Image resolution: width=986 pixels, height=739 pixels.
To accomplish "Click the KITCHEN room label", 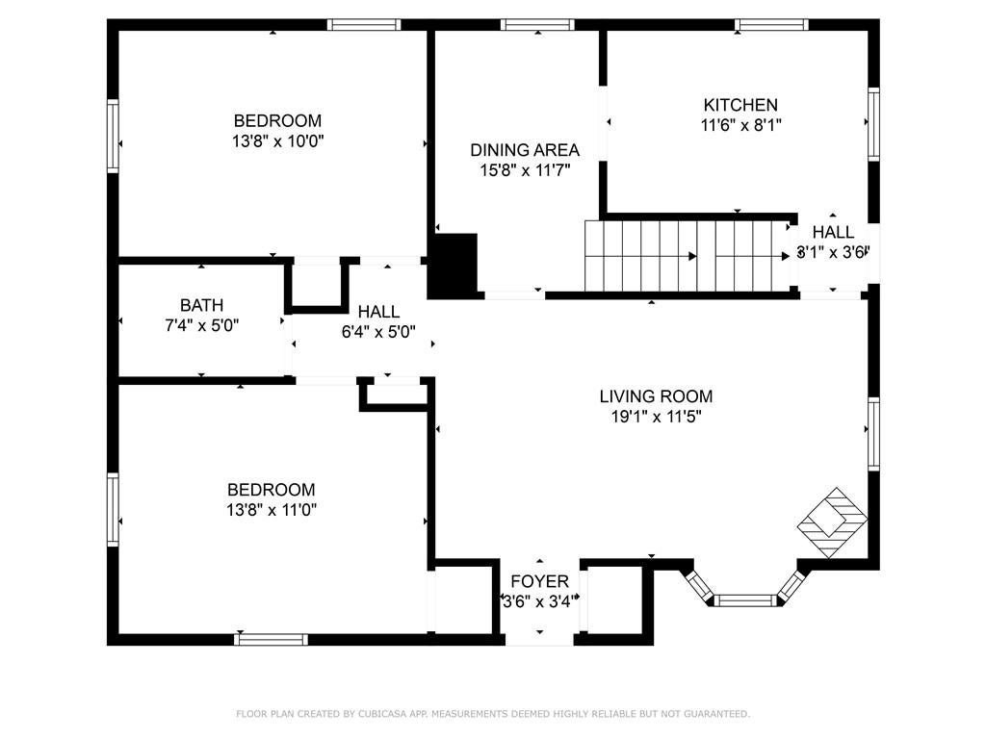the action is pyautogui.click(x=740, y=104).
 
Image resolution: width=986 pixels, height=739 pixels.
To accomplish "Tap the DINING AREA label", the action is pyautogui.click(x=525, y=150).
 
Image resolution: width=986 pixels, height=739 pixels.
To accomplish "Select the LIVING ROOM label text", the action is pyautogui.click(x=656, y=396).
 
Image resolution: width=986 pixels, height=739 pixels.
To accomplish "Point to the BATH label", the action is pyautogui.click(x=201, y=305).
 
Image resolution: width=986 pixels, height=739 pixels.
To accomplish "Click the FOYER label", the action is pyautogui.click(x=539, y=581).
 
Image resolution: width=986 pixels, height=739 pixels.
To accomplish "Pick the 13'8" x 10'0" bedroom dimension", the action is pyautogui.click(x=278, y=140).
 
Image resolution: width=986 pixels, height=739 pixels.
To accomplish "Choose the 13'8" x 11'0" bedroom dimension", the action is pyautogui.click(x=272, y=510).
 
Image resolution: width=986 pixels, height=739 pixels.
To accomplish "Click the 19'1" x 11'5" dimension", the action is pyautogui.click(x=656, y=417).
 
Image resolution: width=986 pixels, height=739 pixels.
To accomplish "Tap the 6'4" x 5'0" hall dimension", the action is pyautogui.click(x=378, y=332).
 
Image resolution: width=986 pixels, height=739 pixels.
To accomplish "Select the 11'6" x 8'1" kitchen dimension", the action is pyautogui.click(x=740, y=125).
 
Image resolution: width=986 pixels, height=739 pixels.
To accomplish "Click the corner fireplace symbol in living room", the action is pyautogui.click(x=833, y=522).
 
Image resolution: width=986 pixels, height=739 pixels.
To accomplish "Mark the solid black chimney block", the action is pyautogui.click(x=453, y=265).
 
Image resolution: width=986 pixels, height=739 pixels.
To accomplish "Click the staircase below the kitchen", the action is pyautogui.click(x=688, y=256).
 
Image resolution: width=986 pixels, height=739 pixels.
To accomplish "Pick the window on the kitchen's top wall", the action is pyautogui.click(x=771, y=24).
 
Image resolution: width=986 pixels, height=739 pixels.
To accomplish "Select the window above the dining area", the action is pyautogui.click(x=537, y=24).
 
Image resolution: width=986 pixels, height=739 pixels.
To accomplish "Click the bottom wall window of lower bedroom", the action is pyautogui.click(x=271, y=640).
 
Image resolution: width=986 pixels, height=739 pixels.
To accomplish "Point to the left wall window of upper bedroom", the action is pyautogui.click(x=114, y=136).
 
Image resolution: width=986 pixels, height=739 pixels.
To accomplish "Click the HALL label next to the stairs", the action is pyautogui.click(x=833, y=232).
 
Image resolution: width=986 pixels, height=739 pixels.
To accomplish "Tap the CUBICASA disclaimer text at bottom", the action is pyautogui.click(x=493, y=714).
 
